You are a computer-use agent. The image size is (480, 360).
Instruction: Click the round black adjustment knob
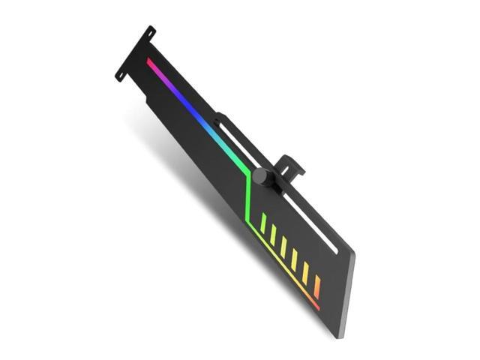(260, 177)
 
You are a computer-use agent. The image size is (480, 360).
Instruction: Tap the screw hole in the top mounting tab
(150, 34)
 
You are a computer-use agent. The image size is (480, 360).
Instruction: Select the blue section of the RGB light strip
(196, 112)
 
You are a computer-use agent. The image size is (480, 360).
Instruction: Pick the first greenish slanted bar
(263, 223)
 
